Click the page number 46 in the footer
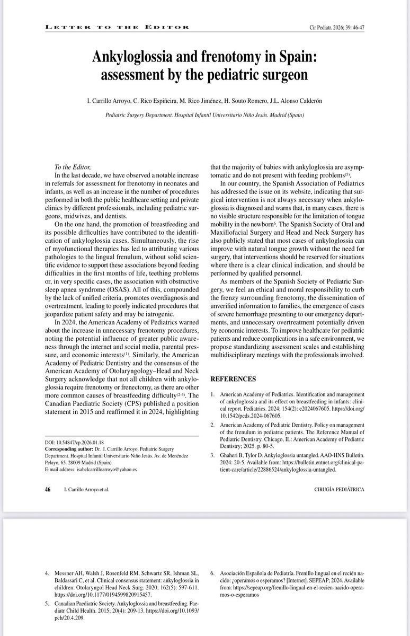point(47,490)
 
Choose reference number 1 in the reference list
point(213,396)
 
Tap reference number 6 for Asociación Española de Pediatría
point(213,573)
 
